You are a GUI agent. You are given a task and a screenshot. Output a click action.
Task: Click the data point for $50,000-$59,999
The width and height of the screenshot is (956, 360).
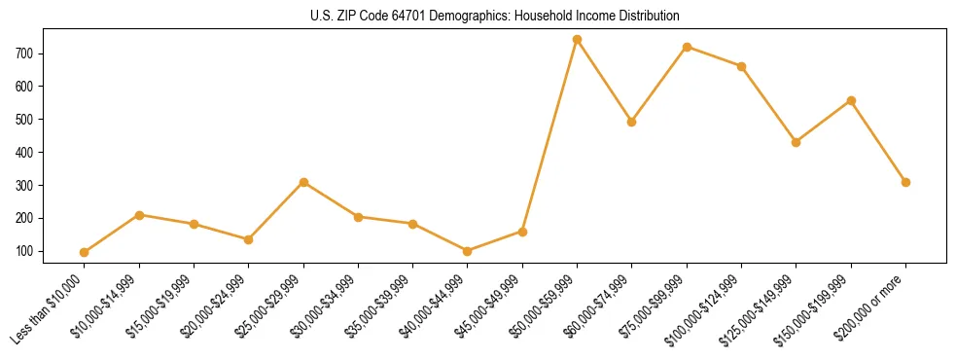click(577, 40)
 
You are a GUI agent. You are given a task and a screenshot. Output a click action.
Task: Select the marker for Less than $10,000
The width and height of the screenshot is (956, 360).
click(85, 252)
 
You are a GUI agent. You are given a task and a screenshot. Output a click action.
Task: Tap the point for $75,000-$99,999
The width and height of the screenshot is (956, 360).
click(687, 47)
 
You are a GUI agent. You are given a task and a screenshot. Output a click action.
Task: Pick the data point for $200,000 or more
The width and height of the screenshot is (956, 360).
click(905, 182)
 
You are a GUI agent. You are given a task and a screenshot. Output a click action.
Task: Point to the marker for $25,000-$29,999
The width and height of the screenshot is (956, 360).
click(303, 182)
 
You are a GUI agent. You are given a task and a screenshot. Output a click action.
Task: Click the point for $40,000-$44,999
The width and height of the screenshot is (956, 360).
click(468, 251)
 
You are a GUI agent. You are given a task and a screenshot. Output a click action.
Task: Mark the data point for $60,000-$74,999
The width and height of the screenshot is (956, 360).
click(632, 122)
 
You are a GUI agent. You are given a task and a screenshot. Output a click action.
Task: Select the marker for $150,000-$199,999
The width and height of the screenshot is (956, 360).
click(851, 100)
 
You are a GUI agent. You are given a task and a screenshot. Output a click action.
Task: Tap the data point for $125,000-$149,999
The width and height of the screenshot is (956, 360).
click(797, 142)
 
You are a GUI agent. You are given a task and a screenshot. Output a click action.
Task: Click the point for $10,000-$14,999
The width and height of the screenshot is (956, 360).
click(140, 215)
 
